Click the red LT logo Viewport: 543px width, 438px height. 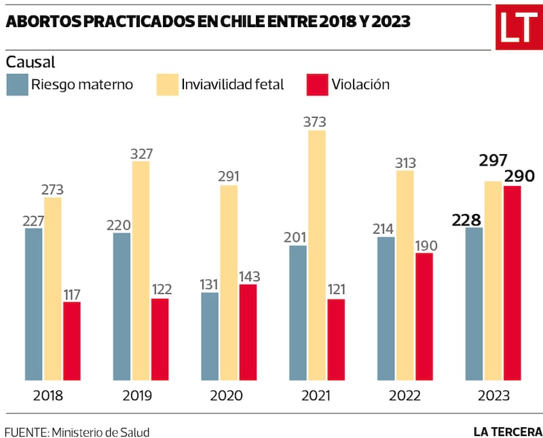(x=519, y=27)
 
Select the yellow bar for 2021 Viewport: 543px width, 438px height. (x=317, y=255)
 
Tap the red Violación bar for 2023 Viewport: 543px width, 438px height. (x=512, y=283)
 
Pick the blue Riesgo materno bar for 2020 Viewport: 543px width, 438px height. (x=210, y=336)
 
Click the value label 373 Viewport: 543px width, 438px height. (x=315, y=122)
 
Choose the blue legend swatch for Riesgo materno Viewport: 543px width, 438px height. (x=17, y=85)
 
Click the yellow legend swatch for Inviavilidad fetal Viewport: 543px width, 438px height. (x=168, y=85)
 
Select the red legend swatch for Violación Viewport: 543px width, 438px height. (x=317, y=85)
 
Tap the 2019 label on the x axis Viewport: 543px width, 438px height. (x=136, y=396)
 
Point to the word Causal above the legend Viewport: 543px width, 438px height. (x=31, y=62)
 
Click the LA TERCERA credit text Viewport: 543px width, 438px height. (x=508, y=431)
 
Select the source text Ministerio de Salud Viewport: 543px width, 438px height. (x=100, y=432)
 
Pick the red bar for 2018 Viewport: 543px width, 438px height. (x=72, y=341)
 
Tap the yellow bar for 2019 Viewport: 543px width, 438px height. (x=141, y=270)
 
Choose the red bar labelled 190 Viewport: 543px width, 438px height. (x=424, y=316)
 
